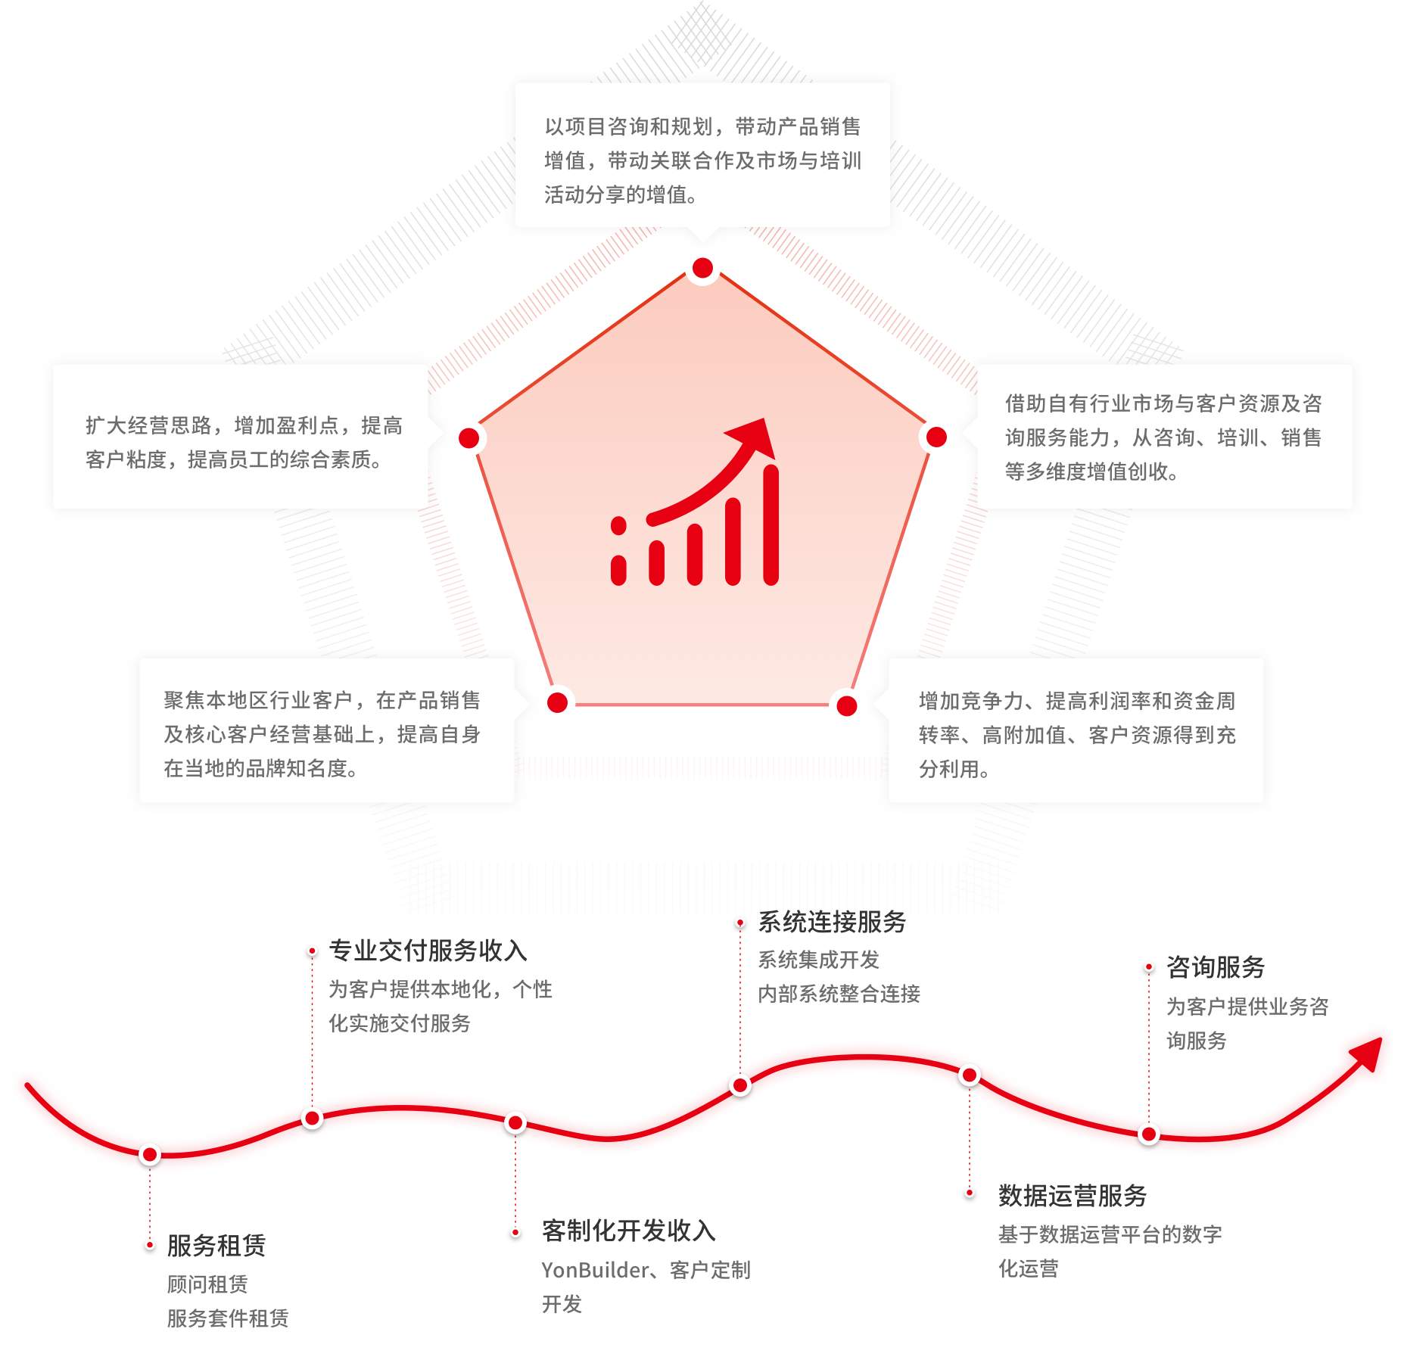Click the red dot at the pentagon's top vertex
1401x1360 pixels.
coord(702,268)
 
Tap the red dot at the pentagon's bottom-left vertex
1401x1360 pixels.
coord(557,702)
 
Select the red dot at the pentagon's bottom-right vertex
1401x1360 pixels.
coord(847,705)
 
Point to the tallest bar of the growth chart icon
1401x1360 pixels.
coord(771,524)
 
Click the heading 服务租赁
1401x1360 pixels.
coord(216,1245)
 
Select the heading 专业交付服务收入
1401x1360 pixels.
coord(428,950)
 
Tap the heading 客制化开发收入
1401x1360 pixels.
coord(628,1231)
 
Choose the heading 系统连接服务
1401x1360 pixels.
coord(832,921)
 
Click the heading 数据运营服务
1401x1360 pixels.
coord(1073,1195)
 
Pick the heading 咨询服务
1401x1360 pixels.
coord(1216,966)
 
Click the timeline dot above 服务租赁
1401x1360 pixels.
coord(150,1155)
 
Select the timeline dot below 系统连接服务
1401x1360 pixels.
coord(740,1086)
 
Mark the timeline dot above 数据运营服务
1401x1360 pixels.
coord(969,1075)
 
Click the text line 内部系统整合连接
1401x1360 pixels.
coord(839,994)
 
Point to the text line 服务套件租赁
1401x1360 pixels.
coord(228,1318)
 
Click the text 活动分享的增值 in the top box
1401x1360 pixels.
coord(615,195)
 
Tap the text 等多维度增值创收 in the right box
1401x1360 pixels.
coord(1086,471)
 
